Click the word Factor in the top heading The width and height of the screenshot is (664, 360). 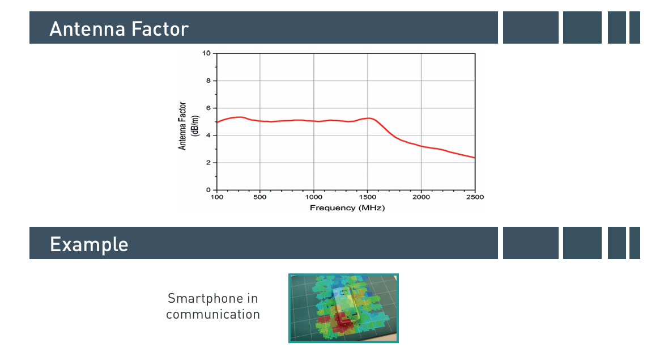pyautogui.click(x=160, y=29)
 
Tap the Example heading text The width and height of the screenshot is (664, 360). pyautogui.click(x=89, y=244)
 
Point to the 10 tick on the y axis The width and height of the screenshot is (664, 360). pyautogui.click(x=206, y=53)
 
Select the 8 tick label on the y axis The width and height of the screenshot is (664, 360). pyautogui.click(x=208, y=81)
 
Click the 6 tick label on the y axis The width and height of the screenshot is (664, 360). pyautogui.click(x=208, y=108)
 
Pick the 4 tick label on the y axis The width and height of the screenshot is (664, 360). pyautogui.click(x=208, y=135)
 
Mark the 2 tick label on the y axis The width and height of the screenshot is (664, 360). pyautogui.click(x=208, y=163)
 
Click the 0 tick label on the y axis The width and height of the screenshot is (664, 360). pyautogui.click(x=208, y=190)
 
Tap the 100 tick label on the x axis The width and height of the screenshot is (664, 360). pyautogui.click(x=217, y=197)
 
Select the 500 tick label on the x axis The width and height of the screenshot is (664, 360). pyautogui.click(x=260, y=197)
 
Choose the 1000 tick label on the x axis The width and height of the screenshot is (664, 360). pyautogui.click(x=314, y=197)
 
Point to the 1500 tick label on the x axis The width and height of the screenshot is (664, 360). pyautogui.click(x=368, y=197)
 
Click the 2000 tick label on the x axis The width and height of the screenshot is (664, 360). pyautogui.click(x=422, y=197)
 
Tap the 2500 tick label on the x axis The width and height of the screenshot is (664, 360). pyautogui.click(x=475, y=197)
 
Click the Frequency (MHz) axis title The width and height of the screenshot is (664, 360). pyautogui.click(x=347, y=207)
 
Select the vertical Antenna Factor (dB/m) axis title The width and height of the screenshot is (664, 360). pyautogui.click(x=188, y=126)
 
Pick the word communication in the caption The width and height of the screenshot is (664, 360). pyautogui.click(x=212, y=314)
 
